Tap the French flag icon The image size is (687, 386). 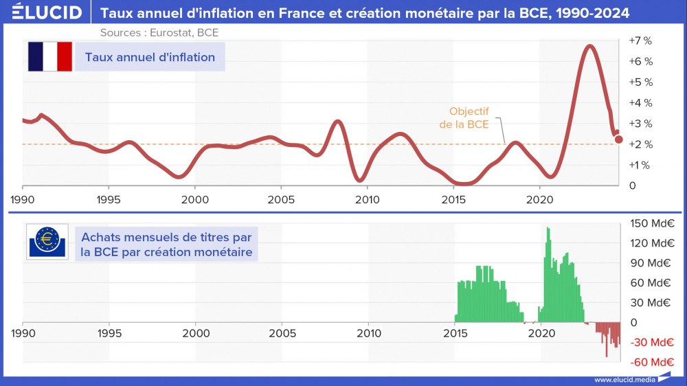[50, 57]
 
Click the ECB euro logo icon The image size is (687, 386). [47, 242]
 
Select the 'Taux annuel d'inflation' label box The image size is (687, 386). [150, 57]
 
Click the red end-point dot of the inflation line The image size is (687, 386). [618, 139]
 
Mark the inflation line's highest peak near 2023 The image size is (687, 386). [589, 46]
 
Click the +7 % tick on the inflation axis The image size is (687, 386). [640, 41]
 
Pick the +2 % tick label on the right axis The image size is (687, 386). [640, 144]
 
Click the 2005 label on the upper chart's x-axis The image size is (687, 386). [281, 199]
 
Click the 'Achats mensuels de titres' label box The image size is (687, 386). [166, 245]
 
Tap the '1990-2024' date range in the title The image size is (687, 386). [589, 12]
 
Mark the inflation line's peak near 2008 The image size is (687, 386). [337, 122]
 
